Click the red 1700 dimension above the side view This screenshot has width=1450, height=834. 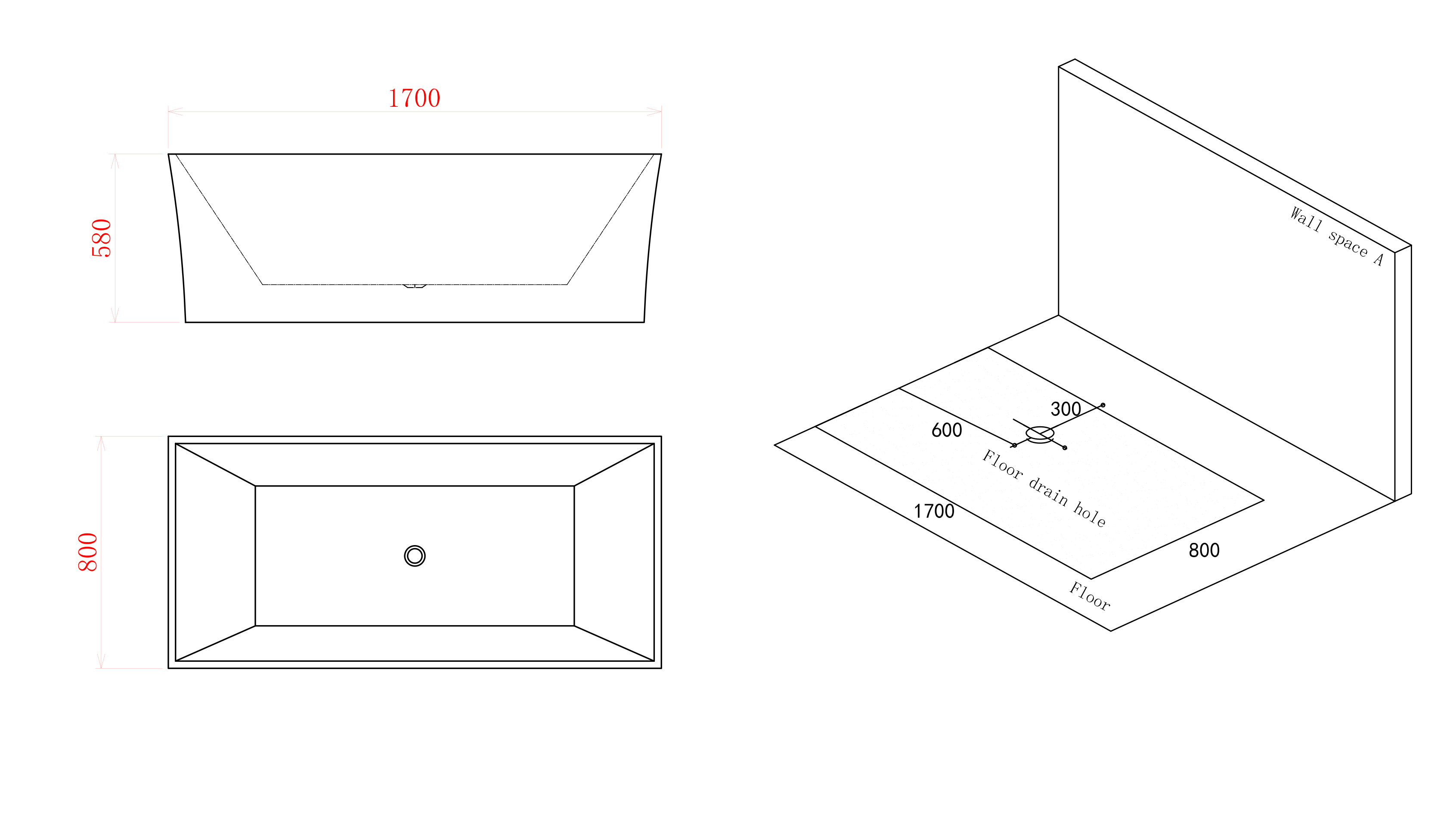[414, 98]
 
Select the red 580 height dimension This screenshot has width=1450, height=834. [101, 238]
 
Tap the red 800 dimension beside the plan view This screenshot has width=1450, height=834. [88, 552]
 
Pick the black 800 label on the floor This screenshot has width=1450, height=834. [1204, 550]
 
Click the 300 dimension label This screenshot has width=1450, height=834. [1066, 409]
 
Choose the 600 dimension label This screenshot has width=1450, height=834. [947, 430]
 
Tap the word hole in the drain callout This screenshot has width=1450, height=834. [1089, 514]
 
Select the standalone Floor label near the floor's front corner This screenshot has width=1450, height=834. [1090, 596]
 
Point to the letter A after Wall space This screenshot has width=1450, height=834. [1379, 260]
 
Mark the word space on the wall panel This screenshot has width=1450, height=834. [1348, 243]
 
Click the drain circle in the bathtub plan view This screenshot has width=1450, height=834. [415, 546]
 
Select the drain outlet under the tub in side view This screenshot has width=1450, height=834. [415, 286]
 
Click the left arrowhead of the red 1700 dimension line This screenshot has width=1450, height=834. [175, 112]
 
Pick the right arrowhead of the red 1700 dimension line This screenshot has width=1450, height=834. [654, 112]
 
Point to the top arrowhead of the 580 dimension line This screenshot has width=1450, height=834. [115, 161]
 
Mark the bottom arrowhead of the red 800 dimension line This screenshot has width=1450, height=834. [101, 660]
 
